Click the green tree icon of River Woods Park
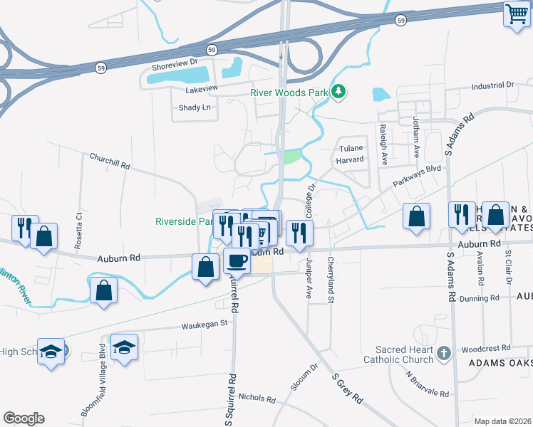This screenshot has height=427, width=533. [340, 91]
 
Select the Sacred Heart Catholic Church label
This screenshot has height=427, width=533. [404, 354]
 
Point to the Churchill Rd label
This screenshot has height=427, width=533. [110, 160]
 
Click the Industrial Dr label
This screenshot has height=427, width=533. [492, 85]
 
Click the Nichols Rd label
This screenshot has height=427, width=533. [257, 397]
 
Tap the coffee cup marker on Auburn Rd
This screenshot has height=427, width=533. [237, 260]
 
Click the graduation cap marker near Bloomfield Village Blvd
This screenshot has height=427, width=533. [124, 348]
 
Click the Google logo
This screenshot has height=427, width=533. [24, 418]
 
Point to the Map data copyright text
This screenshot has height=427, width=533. [502, 421]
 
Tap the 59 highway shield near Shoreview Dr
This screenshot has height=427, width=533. [212, 49]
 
